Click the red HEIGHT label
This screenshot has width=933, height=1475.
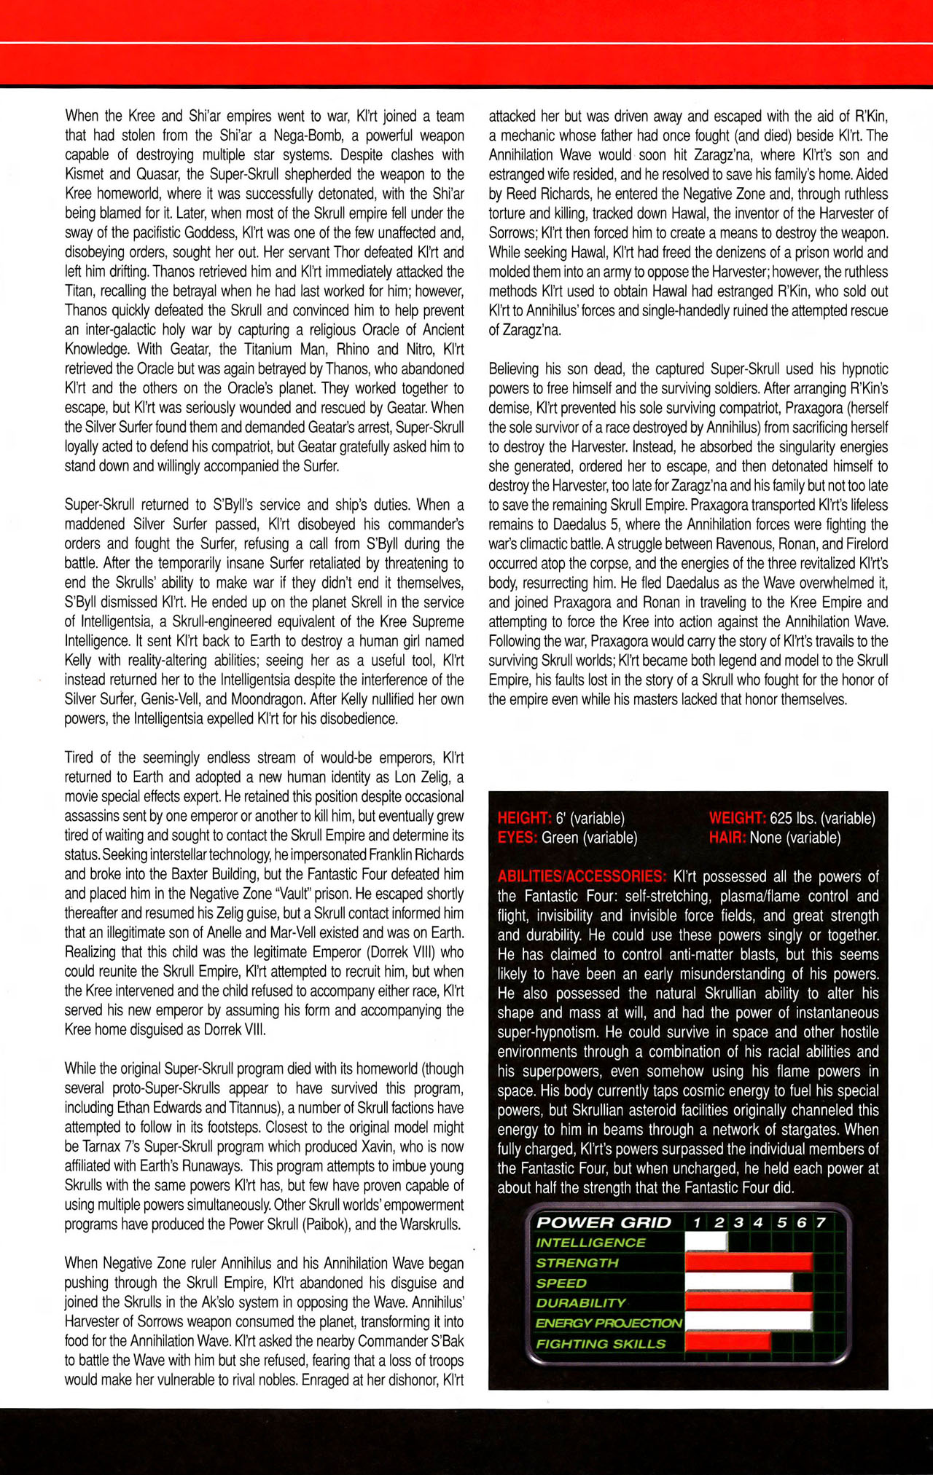[x=523, y=819]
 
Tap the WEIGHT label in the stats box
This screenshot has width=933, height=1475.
[x=737, y=819]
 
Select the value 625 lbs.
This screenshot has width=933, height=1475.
[x=795, y=819]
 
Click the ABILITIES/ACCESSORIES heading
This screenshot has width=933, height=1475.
[x=582, y=877]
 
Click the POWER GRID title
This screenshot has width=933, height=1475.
[x=604, y=1223]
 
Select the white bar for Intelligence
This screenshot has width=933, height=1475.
[x=706, y=1243]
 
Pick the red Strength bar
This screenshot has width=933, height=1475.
[x=749, y=1263]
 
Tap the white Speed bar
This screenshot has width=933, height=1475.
[x=738, y=1283]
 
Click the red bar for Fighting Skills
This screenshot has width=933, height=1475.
[x=727, y=1343]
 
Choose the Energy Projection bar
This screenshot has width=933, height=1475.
[x=749, y=1323]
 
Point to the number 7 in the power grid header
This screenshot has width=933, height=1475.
[x=821, y=1223]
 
